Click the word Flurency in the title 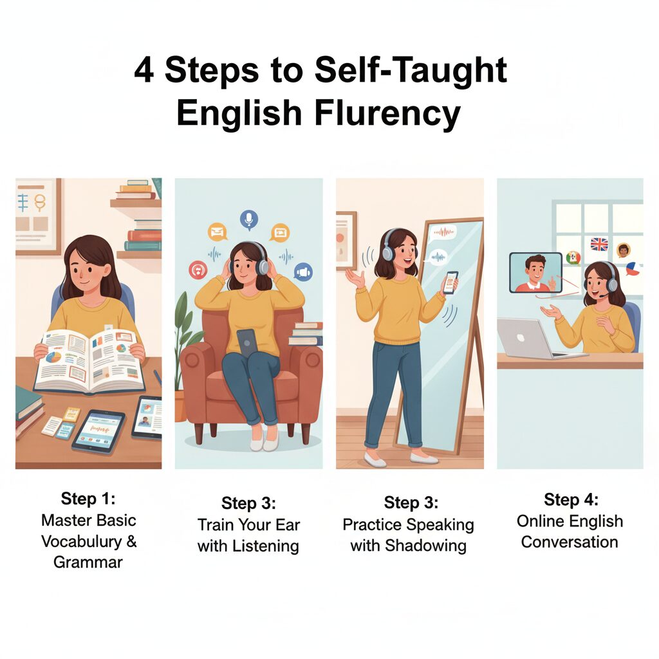click(x=387, y=113)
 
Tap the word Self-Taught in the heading click(x=411, y=70)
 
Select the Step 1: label click(x=88, y=499)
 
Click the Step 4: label click(x=571, y=499)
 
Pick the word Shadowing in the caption click(x=426, y=546)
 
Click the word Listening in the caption click(x=266, y=546)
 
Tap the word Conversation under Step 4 click(x=570, y=542)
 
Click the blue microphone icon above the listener click(x=249, y=219)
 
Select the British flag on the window click(x=599, y=244)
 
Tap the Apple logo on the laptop click(x=520, y=337)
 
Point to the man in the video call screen click(x=535, y=274)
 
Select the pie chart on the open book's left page click(x=53, y=358)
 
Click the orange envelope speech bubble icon click(x=218, y=232)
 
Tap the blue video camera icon click(x=303, y=272)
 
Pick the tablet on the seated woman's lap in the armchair click(x=247, y=343)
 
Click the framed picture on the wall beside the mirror click(x=346, y=241)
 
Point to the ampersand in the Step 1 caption click(x=131, y=541)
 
